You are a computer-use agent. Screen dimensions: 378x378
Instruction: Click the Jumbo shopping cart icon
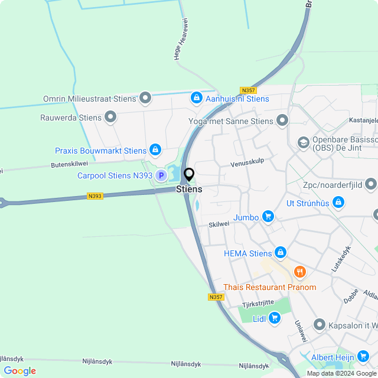click(x=268, y=217)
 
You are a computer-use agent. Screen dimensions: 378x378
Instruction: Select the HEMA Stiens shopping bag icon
click(x=280, y=253)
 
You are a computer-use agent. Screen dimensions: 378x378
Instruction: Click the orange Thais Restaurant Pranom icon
click(x=300, y=272)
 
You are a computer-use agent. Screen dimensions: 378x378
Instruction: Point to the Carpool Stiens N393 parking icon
click(x=161, y=175)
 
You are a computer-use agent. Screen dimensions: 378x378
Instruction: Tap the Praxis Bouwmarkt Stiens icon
click(x=155, y=151)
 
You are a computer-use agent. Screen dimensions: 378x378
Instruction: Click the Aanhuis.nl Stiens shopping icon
click(x=195, y=98)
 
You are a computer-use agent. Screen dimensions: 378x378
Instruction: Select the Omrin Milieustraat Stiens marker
click(x=145, y=98)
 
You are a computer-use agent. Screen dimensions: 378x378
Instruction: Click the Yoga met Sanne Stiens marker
click(x=282, y=121)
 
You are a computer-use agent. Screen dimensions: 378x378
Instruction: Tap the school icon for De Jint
click(x=304, y=142)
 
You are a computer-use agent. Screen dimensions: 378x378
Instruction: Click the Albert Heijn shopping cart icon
click(x=362, y=357)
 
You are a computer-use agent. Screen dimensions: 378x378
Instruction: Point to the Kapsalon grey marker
click(x=320, y=325)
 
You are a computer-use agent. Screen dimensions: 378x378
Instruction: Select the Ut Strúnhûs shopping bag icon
click(x=338, y=203)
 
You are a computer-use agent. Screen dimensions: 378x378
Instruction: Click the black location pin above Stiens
click(x=189, y=174)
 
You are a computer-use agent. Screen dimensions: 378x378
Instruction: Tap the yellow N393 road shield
click(x=94, y=195)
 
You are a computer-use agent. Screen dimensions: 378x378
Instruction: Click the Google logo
click(x=19, y=370)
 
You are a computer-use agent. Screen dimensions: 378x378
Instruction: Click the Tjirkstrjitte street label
click(x=258, y=304)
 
